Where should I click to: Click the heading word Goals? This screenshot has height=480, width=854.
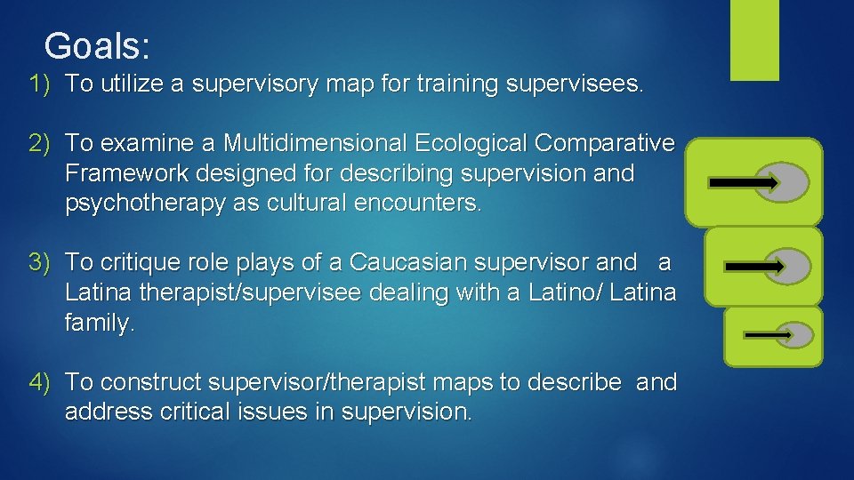tap(98, 44)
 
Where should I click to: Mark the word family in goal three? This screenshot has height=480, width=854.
tap(98, 324)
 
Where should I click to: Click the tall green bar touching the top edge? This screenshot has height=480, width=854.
tap(754, 40)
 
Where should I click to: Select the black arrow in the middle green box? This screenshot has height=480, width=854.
tap(754, 266)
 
